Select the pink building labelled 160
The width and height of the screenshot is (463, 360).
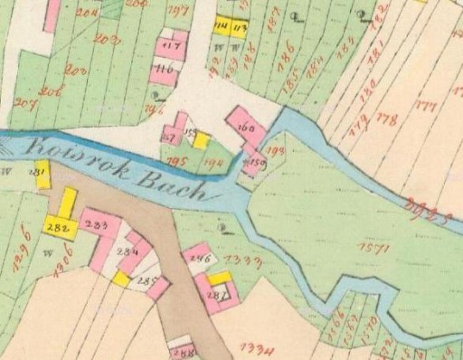(x=245, y=128)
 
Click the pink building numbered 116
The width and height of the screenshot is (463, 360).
(x=164, y=69)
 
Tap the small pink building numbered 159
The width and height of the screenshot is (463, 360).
(x=256, y=164)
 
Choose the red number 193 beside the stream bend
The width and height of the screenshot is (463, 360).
(x=276, y=149)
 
